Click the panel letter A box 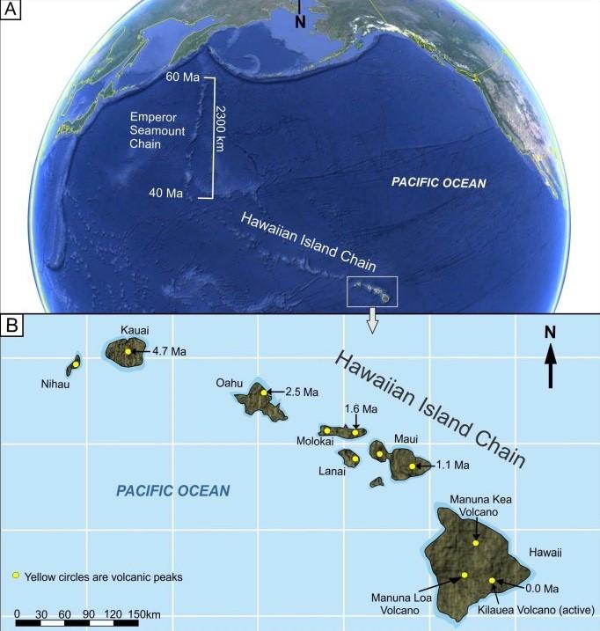click(x=11, y=11)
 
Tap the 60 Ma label click(x=183, y=77)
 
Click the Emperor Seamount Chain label click(x=157, y=130)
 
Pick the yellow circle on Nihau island click(x=76, y=363)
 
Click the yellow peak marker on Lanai click(x=355, y=459)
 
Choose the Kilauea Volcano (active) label click(x=540, y=609)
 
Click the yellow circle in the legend click(x=16, y=576)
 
